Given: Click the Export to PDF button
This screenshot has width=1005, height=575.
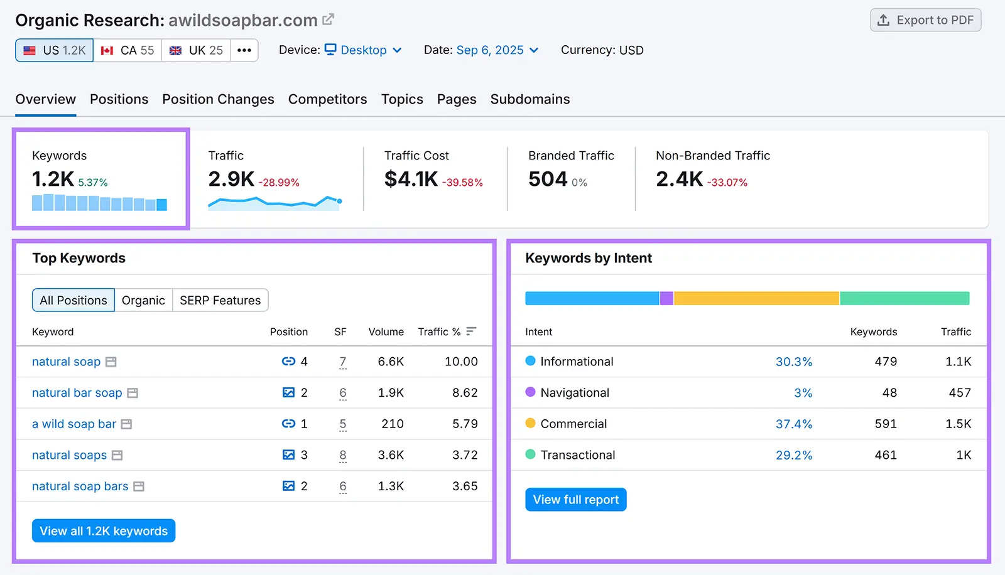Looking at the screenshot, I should pos(925,20).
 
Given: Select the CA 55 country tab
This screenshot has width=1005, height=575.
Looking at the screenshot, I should pos(128,50).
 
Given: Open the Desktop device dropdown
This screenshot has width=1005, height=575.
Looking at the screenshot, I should pos(363,50).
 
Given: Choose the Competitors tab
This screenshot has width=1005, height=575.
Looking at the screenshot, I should pos(327,99).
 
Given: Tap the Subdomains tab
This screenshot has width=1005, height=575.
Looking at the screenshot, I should pos(530,99).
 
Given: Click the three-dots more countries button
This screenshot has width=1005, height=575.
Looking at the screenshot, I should pos(244,50).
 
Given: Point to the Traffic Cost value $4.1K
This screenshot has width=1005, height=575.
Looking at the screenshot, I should pos(411,180).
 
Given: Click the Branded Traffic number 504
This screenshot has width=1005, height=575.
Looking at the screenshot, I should pos(548,180).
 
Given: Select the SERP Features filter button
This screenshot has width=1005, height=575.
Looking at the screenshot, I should pos(220,301).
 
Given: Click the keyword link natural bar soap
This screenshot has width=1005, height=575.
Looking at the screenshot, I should pos(77,393).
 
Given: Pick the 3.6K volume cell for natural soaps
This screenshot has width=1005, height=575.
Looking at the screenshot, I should pos(391,455).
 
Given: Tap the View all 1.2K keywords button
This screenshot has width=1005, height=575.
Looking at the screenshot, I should pos(104,531).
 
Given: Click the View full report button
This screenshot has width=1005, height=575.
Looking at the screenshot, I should pos(575,500).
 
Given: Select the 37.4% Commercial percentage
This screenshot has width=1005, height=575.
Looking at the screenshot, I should pos(793,424).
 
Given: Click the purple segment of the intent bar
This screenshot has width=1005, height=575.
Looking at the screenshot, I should pos(666,298).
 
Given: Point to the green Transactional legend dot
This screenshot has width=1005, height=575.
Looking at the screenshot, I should pos(530,454).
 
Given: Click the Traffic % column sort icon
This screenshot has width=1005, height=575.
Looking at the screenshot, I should pos(471,331).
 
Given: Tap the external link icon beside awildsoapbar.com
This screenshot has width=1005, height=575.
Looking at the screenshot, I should pos(328,19).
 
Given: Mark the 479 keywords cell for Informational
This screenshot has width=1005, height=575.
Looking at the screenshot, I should pos(886,362).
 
